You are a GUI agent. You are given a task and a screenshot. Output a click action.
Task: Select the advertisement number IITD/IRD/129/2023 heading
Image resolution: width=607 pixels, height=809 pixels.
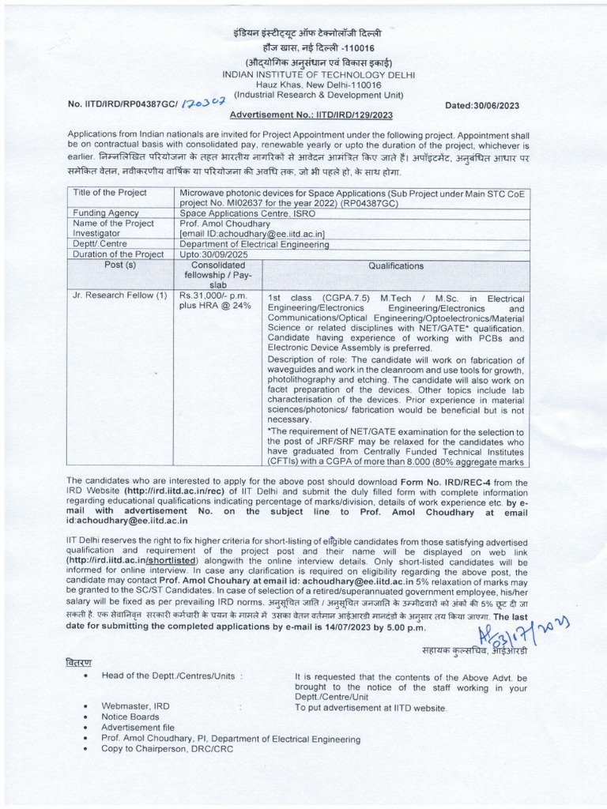click(x=312, y=115)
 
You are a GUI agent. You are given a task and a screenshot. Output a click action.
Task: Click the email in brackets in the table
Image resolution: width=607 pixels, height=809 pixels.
click(x=253, y=234)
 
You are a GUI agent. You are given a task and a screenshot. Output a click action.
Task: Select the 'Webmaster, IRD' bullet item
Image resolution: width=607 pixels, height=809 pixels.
click(x=135, y=705)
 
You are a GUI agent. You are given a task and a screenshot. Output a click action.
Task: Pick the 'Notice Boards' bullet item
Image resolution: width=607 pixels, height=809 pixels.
click(x=130, y=717)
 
